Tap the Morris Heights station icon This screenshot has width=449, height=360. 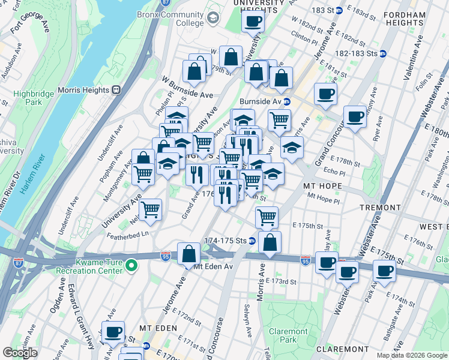click(x=116, y=90)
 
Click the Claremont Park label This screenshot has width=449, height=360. click(x=288, y=335)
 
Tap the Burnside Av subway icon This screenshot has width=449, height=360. click(x=287, y=101)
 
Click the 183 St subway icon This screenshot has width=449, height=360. click(x=339, y=11)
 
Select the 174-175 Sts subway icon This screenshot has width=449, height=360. click(x=252, y=241)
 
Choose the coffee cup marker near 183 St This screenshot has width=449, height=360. click(x=253, y=22)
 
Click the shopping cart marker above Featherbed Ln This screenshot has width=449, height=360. click(x=150, y=210)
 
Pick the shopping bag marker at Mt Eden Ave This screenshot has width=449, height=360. click(x=189, y=254)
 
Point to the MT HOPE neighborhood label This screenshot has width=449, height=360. click(x=322, y=186)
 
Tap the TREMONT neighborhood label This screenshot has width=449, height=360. click(x=380, y=207)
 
